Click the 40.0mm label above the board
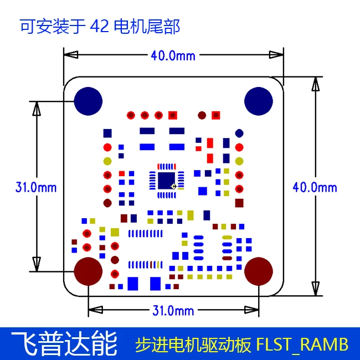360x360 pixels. coord(173,56)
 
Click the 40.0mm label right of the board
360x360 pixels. coord(315,188)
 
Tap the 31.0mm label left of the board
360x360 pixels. coord(36,187)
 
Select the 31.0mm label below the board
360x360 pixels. coord(173,311)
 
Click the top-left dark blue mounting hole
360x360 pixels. coord(88,101)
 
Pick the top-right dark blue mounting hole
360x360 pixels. coord(259,101)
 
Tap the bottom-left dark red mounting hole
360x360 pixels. coord(88,271)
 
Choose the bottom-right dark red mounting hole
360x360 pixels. coord(259,271)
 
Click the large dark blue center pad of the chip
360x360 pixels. coord(167,181)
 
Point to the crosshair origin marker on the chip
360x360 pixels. coord(174,186)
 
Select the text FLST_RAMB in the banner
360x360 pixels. coord(302,344)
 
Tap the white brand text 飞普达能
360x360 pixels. coord(64,343)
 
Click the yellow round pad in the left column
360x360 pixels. coord(107,161)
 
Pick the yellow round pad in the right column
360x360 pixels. coord(239,161)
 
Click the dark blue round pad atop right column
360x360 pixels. coord(239,133)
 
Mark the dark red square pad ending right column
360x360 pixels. coord(239,203)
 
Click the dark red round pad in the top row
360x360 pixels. coord(202,115)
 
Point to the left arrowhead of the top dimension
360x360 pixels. coord(71,55)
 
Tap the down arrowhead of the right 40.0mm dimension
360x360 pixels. coord(316,289)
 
